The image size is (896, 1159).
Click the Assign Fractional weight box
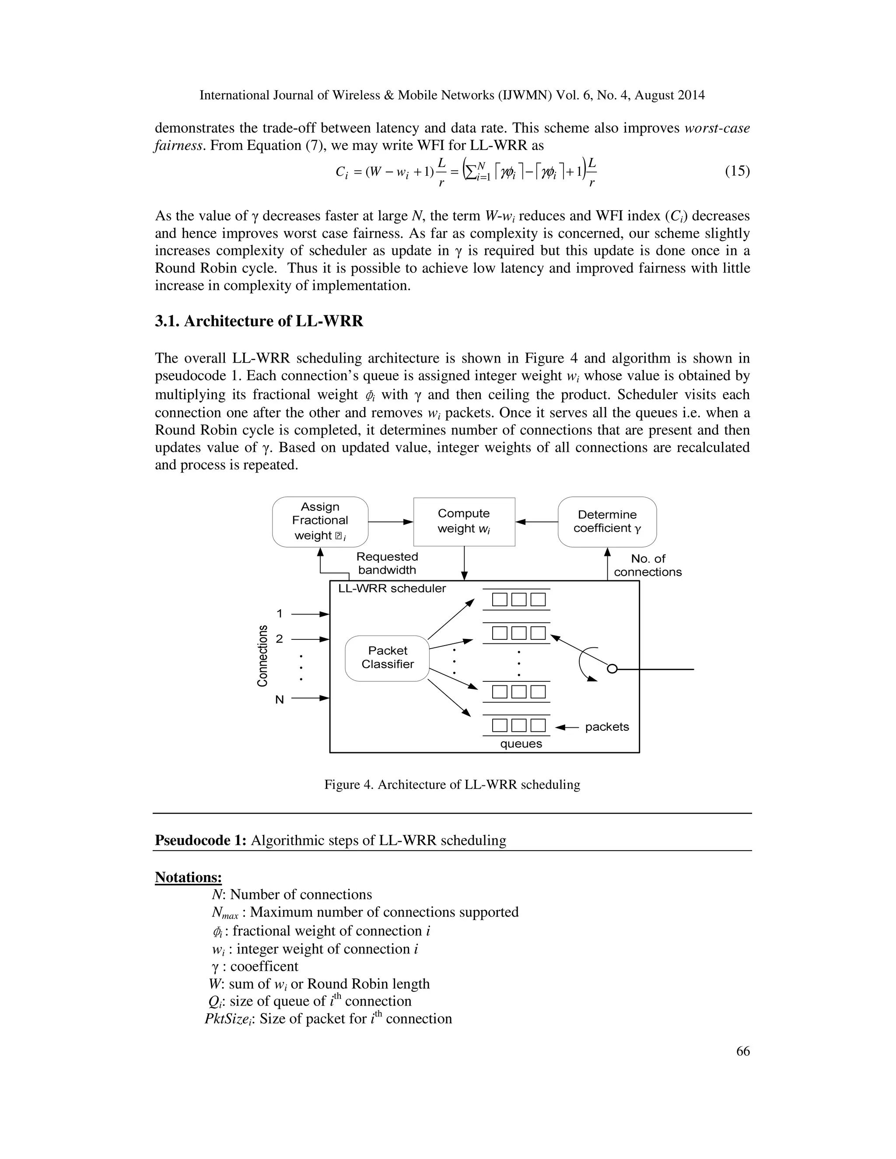[x=320, y=521]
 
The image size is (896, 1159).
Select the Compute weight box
[x=464, y=521]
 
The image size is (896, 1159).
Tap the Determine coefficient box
[x=607, y=521]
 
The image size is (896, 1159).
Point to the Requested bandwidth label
[x=387, y=563]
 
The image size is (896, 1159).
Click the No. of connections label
[x=647, y=565]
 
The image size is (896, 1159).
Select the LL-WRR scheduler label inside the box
[x=392, y=589]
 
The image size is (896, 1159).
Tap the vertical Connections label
[x=262, y=656]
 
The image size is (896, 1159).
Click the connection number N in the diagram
[x=279, y=699]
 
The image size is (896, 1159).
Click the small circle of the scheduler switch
[x=612, y=669]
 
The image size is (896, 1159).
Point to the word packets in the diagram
[x=607, y=727]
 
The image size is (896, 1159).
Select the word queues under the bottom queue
[x=521, y=744]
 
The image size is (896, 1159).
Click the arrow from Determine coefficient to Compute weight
[x=536, y=522]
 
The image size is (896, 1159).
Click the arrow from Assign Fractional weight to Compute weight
[x=390, y=522]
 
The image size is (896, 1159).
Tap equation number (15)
[x=737, y=171]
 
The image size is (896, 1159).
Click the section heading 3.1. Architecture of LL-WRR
[x=259, y=321]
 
